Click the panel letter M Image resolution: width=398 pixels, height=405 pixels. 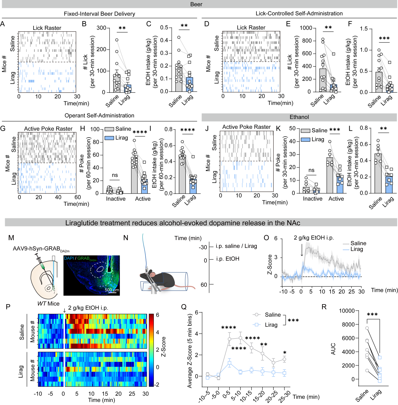(x=11, y=238)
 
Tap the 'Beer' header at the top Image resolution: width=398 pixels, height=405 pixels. (x=196, y=4)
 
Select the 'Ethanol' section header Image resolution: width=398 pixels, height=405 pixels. (x=299, y=117)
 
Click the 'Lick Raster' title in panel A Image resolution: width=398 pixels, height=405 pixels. (x=47, y=28)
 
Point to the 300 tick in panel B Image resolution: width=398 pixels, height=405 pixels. (x=101, y=28)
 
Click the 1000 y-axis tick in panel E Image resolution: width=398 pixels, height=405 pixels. (x=306, y=28)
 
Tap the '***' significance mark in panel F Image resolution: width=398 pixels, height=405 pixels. (x=384, y=39)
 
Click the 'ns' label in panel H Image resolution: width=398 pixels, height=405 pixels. (x=115, y=175)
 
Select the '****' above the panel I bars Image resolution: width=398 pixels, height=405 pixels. (x=187, y=130)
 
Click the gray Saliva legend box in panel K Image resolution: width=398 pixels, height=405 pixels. (x=305, y=131)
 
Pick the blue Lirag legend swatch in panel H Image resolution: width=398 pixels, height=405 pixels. (x=109, y=138)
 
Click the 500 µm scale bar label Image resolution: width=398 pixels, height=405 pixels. (x=112, y=290)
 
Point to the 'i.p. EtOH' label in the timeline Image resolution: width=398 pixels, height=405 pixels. (x=228, y=259)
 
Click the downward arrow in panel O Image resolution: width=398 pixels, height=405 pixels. (x=302, y=250)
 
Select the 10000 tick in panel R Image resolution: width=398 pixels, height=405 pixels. (x=347, y=311)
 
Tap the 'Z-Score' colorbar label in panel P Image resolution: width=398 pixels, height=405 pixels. (x=164, y=347)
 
